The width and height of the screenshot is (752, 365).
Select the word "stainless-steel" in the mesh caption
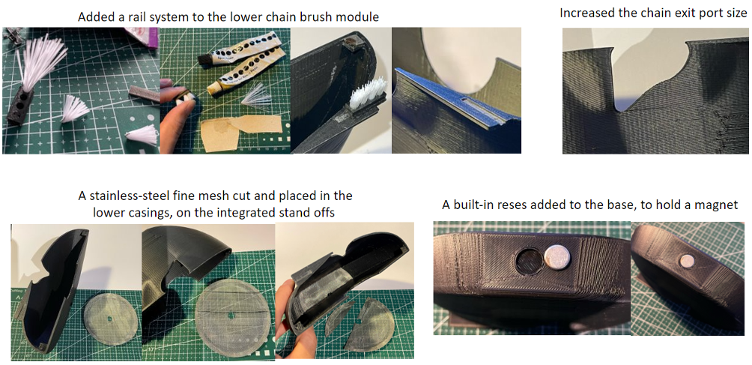pos(126,196)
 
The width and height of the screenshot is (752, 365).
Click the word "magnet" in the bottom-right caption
pos(720,206)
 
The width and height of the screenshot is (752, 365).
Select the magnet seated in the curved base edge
pos(688,260)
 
